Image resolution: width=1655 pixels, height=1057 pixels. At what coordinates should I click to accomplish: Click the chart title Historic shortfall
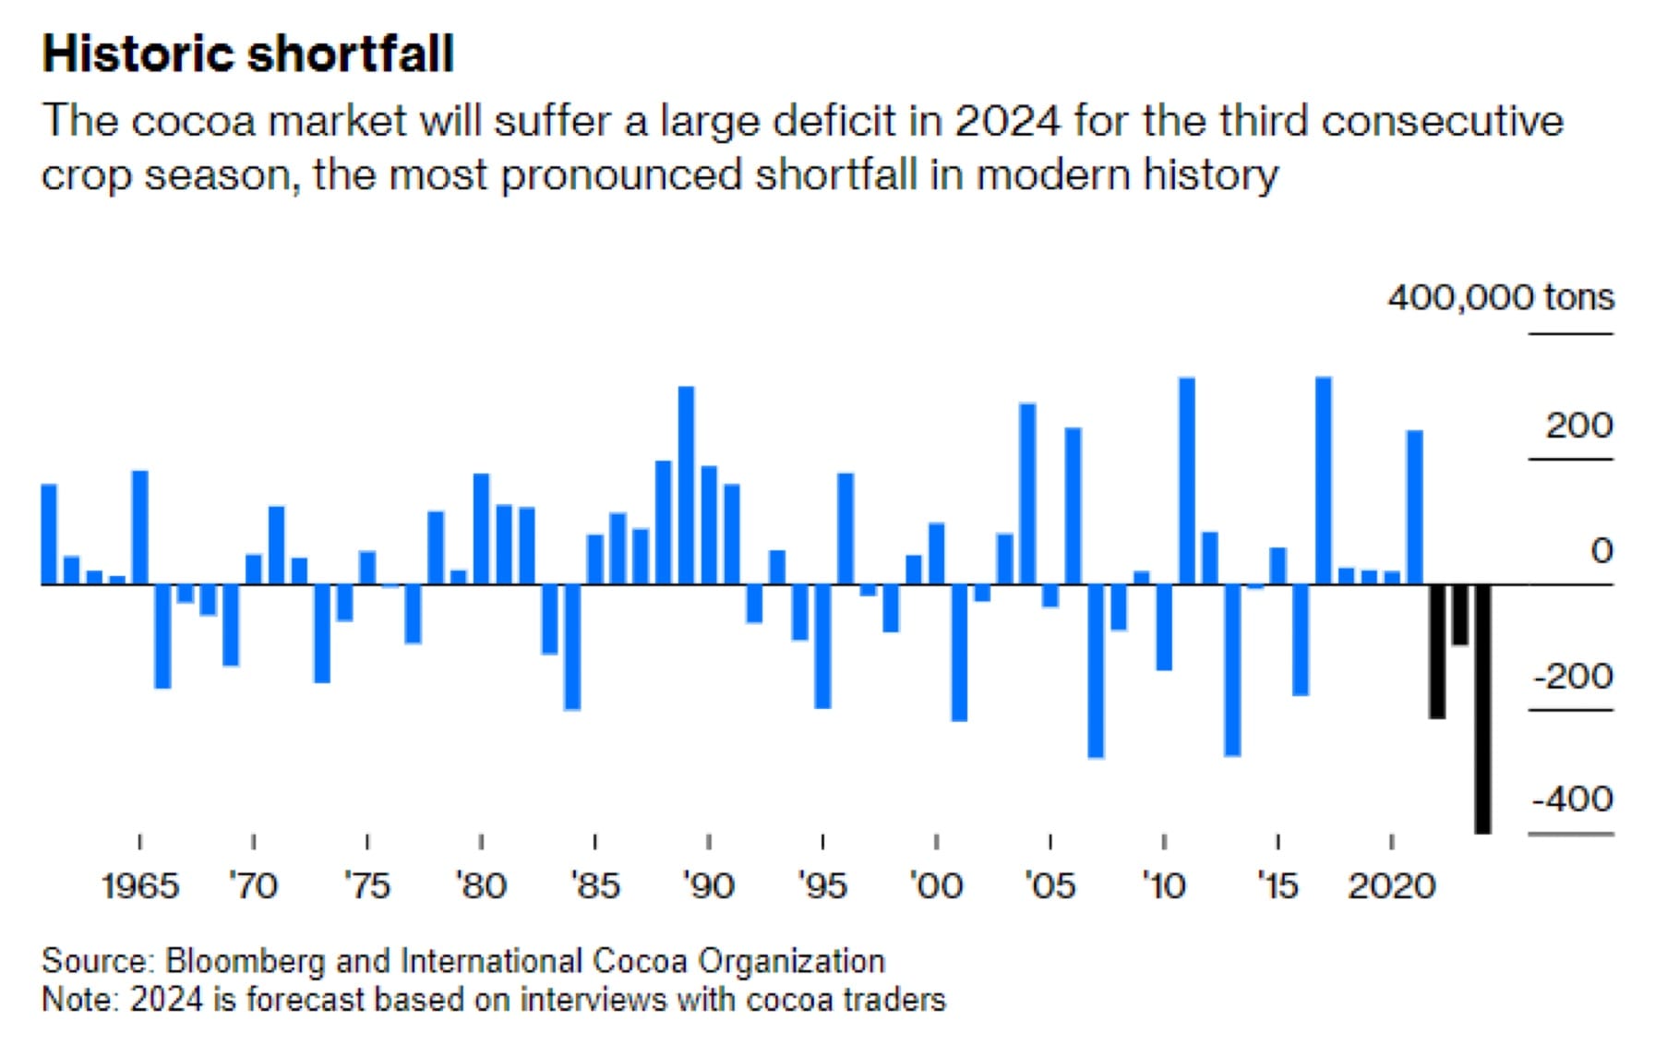pos(247,54)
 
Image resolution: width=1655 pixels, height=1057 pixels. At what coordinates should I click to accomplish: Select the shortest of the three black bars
pos(1459,615)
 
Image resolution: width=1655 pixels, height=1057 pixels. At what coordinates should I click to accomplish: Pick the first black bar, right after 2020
pos(1437,651)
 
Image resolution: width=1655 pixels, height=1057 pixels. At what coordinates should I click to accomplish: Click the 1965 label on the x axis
pos(139,886)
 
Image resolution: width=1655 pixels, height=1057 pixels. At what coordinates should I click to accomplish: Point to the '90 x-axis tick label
pos(708,886)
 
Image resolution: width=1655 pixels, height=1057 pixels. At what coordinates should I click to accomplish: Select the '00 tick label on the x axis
pos(936,886)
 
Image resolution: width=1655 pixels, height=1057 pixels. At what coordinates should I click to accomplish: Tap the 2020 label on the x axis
pos(1391,886)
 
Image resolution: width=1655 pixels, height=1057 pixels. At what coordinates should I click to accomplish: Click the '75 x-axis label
pos(367,886)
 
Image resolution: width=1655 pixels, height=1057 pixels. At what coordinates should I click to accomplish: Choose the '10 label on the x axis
pos(1163,886)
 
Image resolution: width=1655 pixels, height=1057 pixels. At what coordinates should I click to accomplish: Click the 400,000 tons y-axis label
pos(1501,297)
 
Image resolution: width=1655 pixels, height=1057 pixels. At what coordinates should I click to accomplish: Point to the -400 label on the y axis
pos(1572,799)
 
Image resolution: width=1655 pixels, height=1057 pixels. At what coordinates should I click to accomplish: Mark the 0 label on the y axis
pos(1601,551)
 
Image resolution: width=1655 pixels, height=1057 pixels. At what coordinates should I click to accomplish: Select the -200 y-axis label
pos(1572,677)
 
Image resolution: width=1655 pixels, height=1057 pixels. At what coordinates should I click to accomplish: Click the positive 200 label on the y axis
pos(1579,426)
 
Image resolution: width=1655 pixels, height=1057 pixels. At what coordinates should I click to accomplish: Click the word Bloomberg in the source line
pos(245,962)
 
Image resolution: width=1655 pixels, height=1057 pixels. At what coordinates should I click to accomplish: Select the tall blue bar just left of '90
pos(686,485)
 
